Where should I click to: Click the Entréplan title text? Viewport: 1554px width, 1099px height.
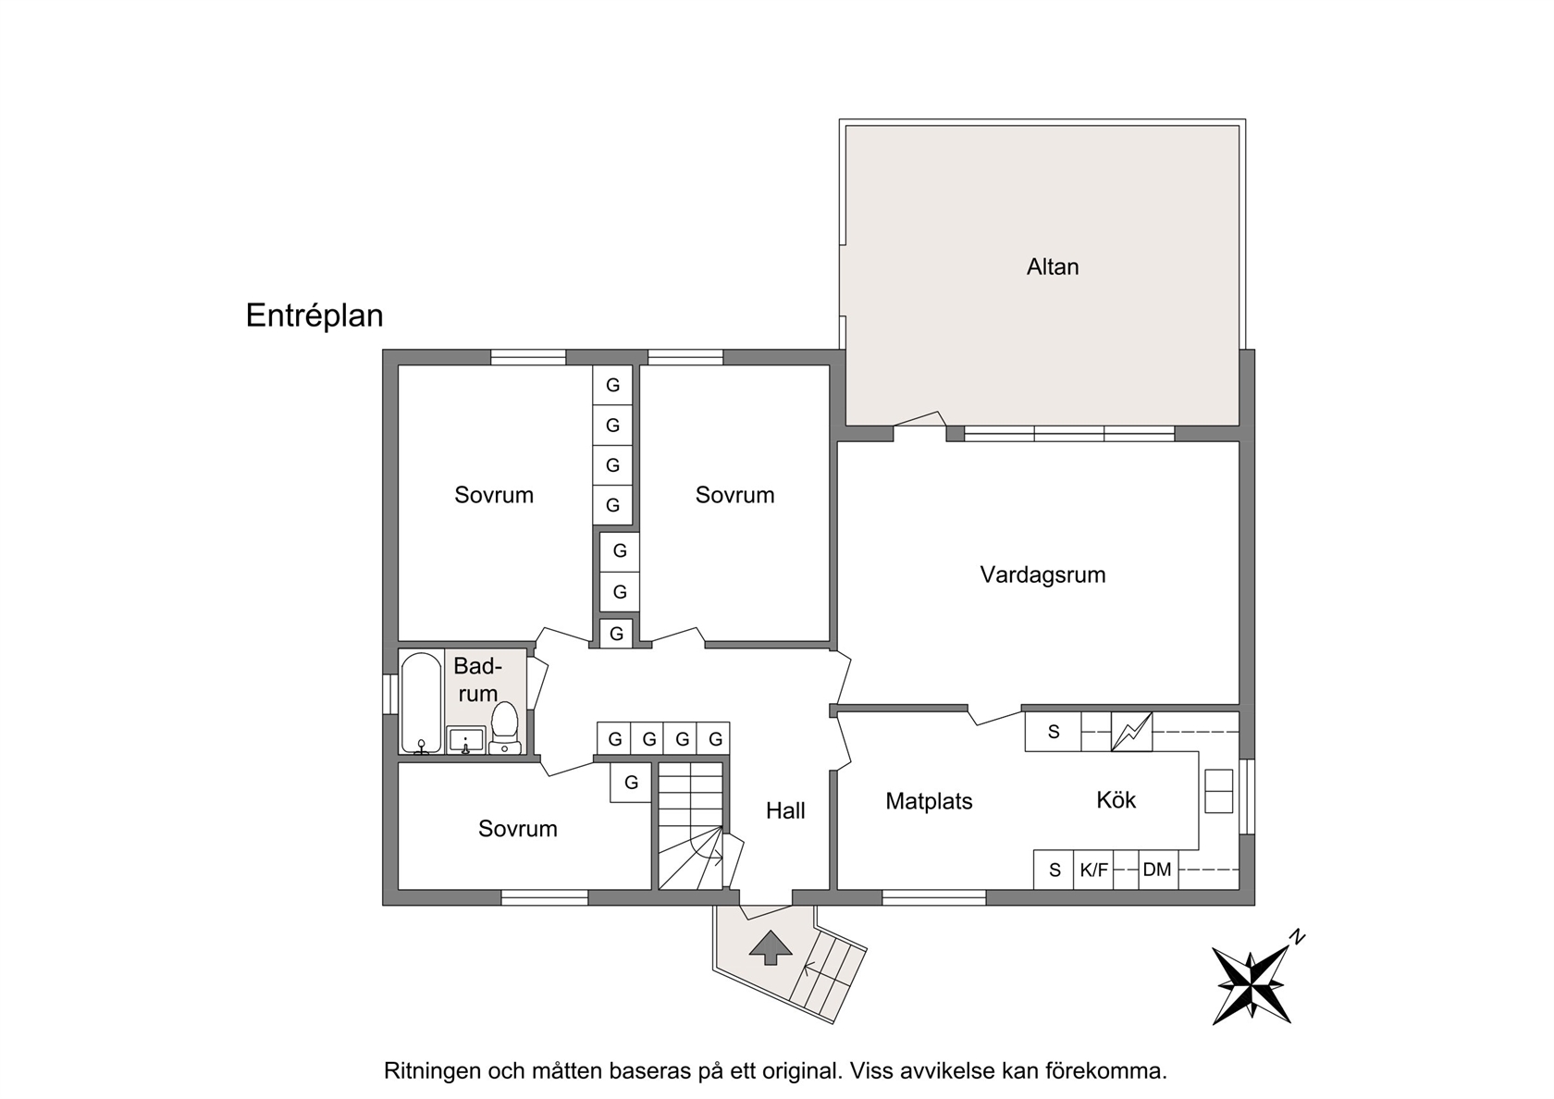tap(314, 315)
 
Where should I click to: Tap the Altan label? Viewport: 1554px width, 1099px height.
tap(1053, 267)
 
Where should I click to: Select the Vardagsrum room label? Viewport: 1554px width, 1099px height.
tap(1042, 574)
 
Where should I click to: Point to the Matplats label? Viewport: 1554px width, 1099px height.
tap(929, 801)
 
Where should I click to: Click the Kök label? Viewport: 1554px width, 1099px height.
tap(1116, 800)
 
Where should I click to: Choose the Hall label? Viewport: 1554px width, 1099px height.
tap(785, 810)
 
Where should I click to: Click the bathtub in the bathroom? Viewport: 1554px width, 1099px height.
tap(421, 702)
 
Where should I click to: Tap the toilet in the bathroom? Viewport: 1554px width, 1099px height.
tap(504, 728)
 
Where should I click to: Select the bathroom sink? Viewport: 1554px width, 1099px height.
tap(465, 740)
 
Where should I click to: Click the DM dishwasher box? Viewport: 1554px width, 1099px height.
tap(1157, 870)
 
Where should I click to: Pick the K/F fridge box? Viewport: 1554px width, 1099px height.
tap(1093, 870)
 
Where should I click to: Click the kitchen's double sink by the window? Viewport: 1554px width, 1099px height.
tap(1218, 791)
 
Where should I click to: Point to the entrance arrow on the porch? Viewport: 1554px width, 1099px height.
tap(770, 947)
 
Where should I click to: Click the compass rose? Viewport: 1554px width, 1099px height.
tap(1252, 984)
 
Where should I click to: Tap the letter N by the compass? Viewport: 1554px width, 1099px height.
tap(1297, 937)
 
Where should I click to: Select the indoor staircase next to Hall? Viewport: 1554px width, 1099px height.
tap(690, 825)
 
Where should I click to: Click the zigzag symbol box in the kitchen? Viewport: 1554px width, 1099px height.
tap(1131, 731)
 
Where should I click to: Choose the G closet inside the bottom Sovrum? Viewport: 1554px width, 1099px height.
tap(631, 783)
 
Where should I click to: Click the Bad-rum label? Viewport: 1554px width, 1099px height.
tap(477, 680)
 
